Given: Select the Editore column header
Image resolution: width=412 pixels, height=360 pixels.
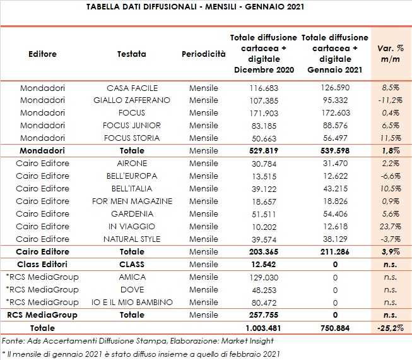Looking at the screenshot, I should (x=43, y=54).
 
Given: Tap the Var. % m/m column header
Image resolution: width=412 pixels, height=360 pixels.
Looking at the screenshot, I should (x=389, y=54).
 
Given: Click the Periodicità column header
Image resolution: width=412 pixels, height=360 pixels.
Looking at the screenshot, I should (x=203, y=54).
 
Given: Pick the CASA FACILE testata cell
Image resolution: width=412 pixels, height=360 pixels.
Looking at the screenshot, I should (x=132, y=88).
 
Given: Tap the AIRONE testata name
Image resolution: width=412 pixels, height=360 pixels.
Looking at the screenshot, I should (x=132, y=164).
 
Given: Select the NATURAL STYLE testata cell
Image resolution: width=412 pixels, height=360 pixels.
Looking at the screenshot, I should (x=132, y=239).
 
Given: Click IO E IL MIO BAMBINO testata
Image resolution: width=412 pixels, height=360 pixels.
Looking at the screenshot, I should (x=132, y=303).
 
